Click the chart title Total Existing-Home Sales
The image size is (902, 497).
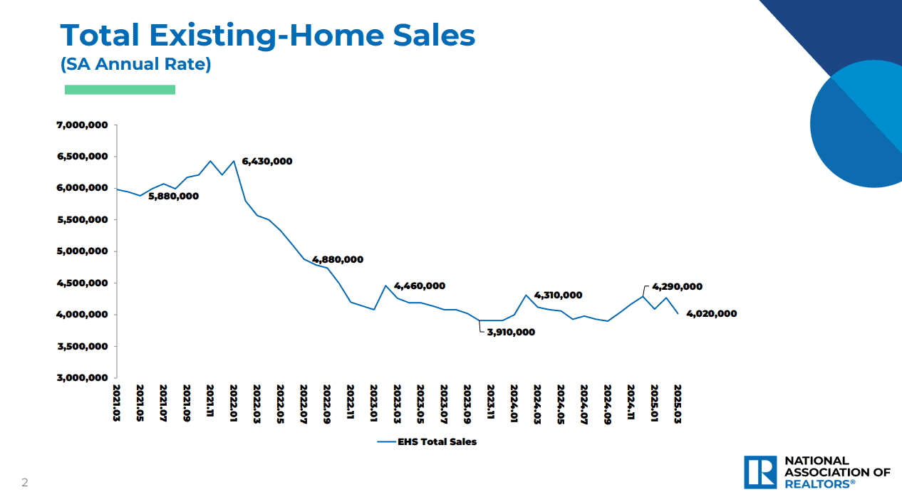coord(268,36)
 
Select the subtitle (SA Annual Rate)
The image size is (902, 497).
coord(135,64)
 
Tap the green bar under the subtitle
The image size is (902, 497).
coord(120,90)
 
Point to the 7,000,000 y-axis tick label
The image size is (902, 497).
coord(82,125)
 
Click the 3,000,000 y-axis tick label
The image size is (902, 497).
coord(82,377)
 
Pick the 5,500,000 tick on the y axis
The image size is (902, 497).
coord(82,220)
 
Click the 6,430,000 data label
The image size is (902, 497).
coord(267,162)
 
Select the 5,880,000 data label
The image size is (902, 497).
coord(174,197)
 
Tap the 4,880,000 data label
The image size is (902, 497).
coord(338,260)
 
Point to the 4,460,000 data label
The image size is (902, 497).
coord(420,286)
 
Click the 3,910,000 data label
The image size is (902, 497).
coord(511,332)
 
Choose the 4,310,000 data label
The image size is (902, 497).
coord(558,295)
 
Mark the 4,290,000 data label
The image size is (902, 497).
coord(678,286)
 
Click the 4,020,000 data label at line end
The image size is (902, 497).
coord(712,313)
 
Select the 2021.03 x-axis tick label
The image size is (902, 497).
coord(116,403)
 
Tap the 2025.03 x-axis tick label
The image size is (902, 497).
coord(678,404)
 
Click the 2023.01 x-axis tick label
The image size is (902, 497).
coord(373,403)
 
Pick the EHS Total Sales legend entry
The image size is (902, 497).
coord(427,442)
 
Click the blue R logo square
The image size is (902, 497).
coord(760,472)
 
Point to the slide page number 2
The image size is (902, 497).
coord(24,482)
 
